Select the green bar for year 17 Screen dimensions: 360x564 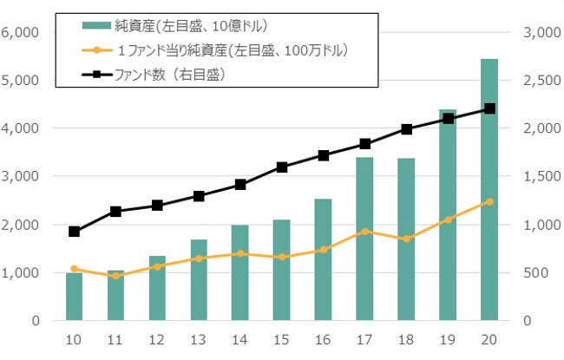coord(364,239)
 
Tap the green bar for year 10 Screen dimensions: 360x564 coord(74,297)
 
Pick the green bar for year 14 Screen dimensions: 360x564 coord(240,272)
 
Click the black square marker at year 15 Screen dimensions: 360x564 coord(282,167)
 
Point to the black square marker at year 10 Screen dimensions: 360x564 coord(74,232)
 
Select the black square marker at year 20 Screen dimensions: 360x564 coord(489,108)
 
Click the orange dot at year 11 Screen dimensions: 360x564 coord(115,276)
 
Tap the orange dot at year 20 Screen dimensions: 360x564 coord(489,201)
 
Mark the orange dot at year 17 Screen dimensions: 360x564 coord(364,232)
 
